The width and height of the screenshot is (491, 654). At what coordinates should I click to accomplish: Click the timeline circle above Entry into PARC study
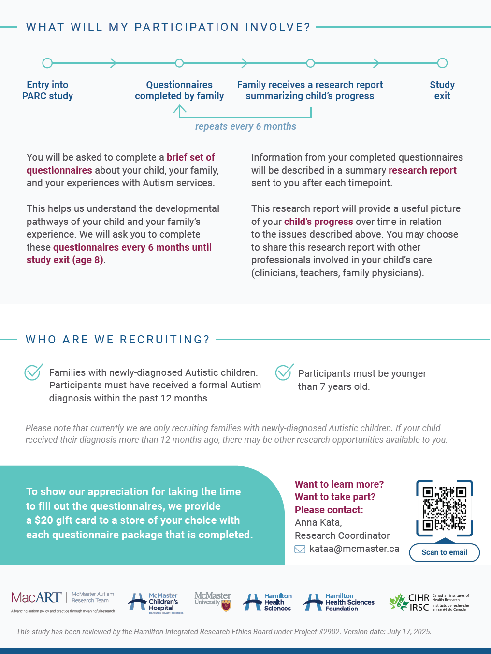click(47, 63)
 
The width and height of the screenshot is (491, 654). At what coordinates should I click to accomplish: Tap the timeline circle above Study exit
click(442, 63)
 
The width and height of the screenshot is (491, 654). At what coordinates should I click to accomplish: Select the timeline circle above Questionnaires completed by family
click(179, 63)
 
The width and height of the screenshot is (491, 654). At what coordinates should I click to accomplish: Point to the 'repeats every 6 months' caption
click(245, 126)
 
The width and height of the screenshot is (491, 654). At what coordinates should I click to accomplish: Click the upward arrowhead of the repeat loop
click(179, 109)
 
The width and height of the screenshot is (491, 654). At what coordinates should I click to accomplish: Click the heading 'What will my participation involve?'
click(168, 27)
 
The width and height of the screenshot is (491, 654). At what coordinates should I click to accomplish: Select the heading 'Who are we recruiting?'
click(117, 340)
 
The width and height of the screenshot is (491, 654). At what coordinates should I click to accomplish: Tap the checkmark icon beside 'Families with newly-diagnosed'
click(33, 372)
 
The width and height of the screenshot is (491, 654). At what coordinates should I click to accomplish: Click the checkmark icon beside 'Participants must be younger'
click(284, 372)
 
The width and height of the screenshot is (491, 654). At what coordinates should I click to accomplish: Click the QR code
click(444, 508)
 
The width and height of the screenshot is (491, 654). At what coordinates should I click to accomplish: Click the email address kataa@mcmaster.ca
click(354, 549)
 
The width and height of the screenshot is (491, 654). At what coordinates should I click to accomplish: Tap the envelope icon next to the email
click(300, 549)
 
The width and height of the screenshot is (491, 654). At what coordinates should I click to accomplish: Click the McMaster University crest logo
click(213, 601)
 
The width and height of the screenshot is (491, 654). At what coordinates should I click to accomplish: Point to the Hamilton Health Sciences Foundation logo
click(339, 602)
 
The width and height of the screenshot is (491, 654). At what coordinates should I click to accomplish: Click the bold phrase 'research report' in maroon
click(422, 170)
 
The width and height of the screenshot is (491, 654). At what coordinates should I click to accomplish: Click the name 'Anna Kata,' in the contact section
click(318, 522)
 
